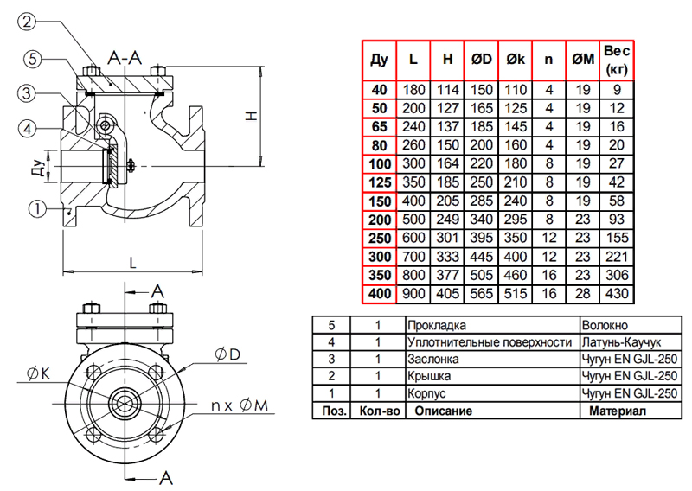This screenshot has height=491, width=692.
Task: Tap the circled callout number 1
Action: [37, 207]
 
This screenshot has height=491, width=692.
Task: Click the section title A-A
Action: [126, 58]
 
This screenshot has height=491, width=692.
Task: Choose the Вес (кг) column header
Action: [616, 58]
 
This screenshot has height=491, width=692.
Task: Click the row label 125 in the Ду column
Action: [379, 182]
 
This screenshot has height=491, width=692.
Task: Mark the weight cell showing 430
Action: [616, 295]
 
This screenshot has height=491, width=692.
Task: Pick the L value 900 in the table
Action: [413, 295]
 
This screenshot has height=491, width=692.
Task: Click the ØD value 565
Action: [481, 295]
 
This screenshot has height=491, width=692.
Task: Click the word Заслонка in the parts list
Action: [433, 359]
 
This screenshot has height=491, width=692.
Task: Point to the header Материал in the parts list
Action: [618, 410]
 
